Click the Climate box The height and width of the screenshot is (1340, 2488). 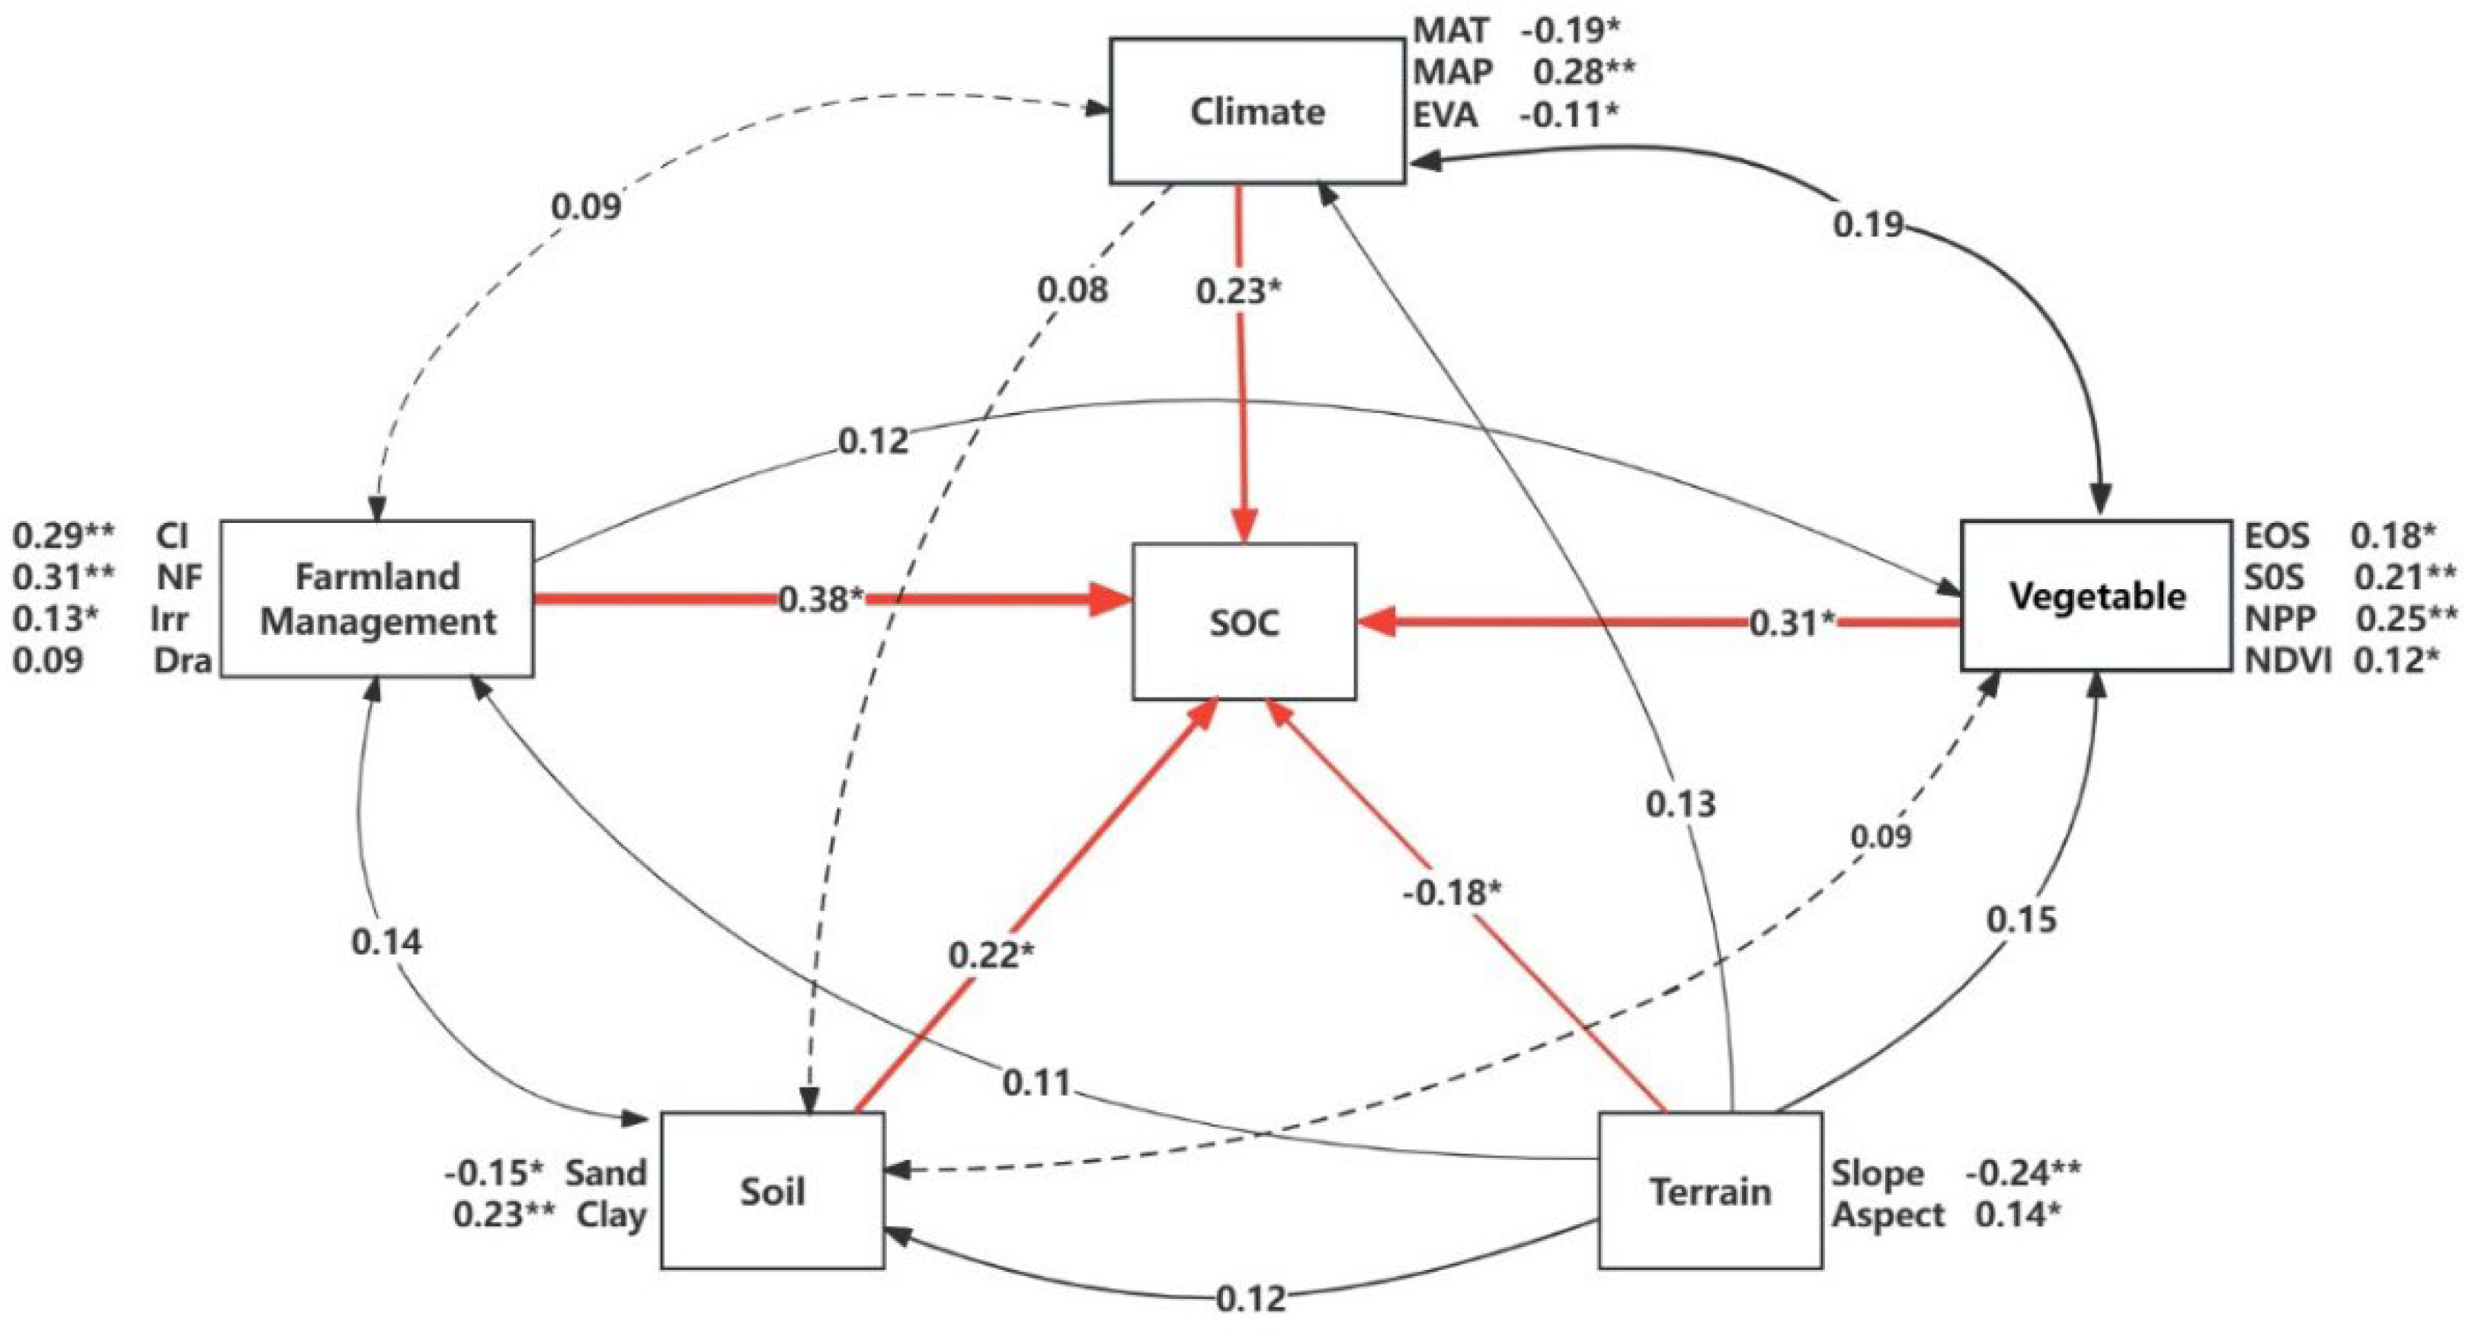[x=1257, y=111]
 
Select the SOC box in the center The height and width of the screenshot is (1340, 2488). [x=1244, y=621]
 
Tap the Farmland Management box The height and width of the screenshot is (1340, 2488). [x=376, y=599]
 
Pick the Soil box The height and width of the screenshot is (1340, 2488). [x=773, y=1191]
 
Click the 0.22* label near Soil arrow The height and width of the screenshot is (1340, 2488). [x=991, y=954]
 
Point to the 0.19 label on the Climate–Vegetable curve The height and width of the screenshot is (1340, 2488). [x=1868, y=225]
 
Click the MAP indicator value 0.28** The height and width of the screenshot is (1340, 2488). [x=1584, y=72]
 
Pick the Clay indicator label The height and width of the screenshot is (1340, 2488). [x=610, y=1214]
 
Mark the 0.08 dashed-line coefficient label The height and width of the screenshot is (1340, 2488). [x=1072, y=290]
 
